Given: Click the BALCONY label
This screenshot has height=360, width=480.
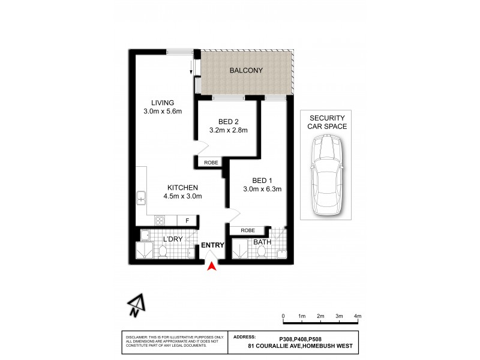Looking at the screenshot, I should (x=245, y=71).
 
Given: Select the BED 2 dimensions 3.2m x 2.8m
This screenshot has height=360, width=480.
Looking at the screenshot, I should (x=229, y=130).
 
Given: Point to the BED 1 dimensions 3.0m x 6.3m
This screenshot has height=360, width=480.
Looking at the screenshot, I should (x=262, y=189).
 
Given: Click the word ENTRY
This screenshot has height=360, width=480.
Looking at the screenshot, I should (x=213, y=245).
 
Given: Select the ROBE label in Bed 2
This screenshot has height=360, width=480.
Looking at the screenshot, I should (x=211, y=163).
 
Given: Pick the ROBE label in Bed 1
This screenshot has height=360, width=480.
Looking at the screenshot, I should (x=248, y=230).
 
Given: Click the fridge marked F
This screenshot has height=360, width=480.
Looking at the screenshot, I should (x=187, y=221).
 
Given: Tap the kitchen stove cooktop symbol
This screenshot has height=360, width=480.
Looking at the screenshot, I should (x=160, y=221).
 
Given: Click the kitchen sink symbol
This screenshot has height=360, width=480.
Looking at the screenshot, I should (x=142, y=197).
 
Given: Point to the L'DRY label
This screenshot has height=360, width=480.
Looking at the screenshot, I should (x=173, y=240).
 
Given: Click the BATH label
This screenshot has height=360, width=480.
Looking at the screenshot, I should (x=263, y=242).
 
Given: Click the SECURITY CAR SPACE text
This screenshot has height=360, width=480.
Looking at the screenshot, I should (x=326, y=122).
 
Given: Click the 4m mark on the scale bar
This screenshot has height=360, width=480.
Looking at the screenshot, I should (x=358, y=316).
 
